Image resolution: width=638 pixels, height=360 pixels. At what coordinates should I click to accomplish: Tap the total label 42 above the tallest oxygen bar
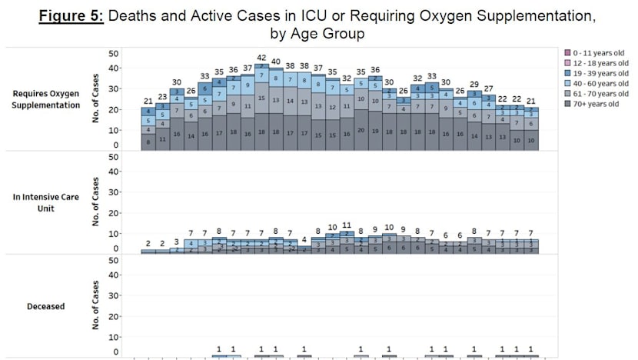261,58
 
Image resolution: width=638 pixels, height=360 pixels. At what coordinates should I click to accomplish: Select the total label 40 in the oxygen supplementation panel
276,62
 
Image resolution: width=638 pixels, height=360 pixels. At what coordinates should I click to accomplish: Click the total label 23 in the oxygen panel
162,97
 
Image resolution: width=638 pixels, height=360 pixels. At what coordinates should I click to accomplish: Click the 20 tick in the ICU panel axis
114,218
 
